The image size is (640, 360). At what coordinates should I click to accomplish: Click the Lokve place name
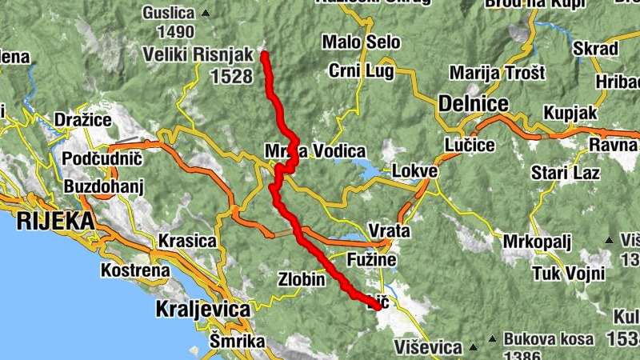point(415,171)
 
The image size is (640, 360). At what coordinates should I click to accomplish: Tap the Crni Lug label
point(361,71)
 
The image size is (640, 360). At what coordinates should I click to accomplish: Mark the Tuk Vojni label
point(569,274)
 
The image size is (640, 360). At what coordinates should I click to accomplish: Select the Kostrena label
point(135,270)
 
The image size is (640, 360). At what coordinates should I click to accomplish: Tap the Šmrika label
point(237,342)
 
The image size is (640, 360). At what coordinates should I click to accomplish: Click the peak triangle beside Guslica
point(206,13)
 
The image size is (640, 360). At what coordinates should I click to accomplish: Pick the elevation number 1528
point(233,77)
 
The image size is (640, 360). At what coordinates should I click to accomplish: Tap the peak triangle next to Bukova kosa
point(493,338)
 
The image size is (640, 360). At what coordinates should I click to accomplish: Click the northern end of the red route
point(264,54)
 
